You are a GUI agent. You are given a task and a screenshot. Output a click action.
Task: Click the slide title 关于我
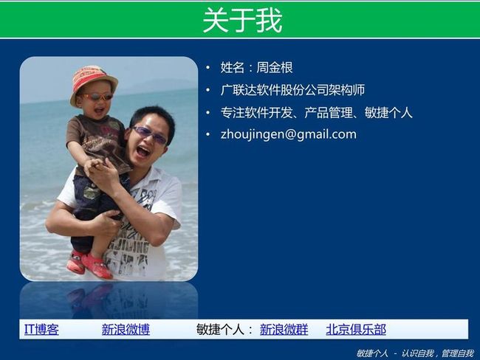242,20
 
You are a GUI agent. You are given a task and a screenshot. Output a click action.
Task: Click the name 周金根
275,67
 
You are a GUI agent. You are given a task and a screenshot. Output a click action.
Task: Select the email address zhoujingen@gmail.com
288,134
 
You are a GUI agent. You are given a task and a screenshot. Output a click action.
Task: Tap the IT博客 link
41,330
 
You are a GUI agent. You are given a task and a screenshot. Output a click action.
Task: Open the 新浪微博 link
126,330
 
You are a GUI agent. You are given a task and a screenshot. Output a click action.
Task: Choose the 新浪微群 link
284,330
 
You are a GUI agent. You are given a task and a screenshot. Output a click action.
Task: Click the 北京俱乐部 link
356,330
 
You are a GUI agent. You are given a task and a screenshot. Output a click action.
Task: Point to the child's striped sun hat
93,83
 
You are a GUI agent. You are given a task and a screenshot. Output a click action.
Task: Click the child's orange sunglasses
97,97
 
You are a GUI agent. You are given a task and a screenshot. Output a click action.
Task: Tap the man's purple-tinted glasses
150,135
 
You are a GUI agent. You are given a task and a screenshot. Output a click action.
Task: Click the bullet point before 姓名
208,68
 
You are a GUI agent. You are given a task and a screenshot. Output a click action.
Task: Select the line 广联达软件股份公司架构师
292,90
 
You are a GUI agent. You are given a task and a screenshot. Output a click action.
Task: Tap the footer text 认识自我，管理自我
437,353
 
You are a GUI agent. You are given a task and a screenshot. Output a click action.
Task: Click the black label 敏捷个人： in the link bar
225,330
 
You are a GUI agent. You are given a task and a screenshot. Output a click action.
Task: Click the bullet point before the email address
208,134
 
